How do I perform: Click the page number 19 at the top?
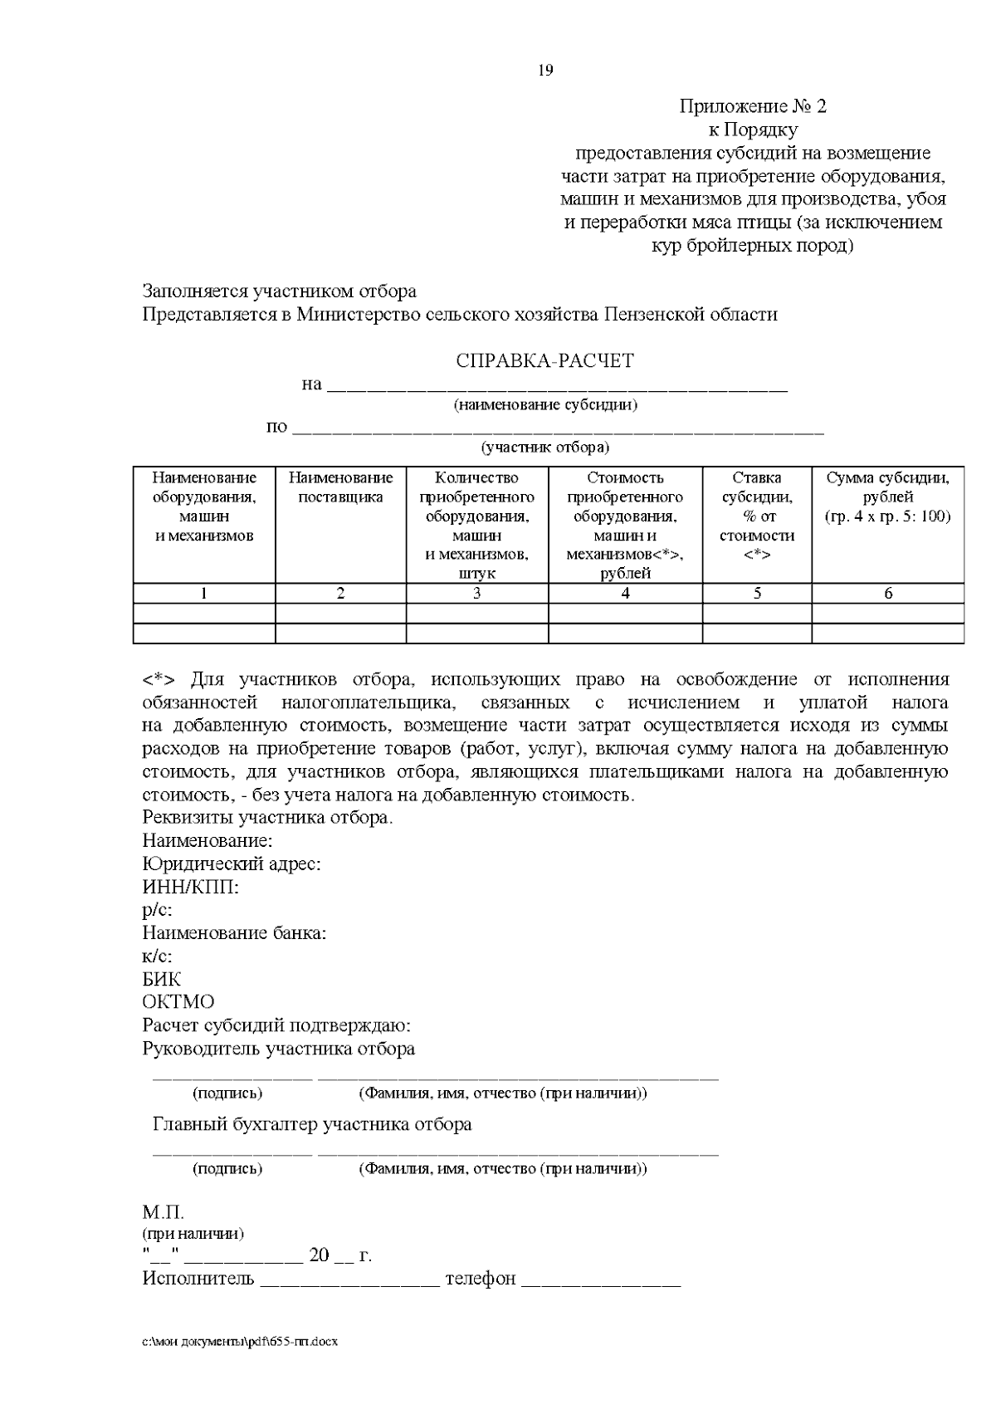coord(545,71)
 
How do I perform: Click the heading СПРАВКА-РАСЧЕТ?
coord(544,361)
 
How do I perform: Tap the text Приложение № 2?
coord(753,106)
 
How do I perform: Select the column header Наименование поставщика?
coord(340,487)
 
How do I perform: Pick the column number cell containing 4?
coord(625,593)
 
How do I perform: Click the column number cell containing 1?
coord(204,593)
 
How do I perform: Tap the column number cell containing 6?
coord(887,593)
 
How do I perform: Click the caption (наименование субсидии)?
coord(544,405)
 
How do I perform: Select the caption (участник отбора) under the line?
coord(544,448)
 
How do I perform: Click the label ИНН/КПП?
coord(191,887)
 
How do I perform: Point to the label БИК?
coord(162,979)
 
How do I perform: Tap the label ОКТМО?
coord(178,1002)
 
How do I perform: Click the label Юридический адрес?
coord(232,864)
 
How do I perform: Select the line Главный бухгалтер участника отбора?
coord(312,1124)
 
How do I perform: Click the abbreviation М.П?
coord(163,1213)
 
